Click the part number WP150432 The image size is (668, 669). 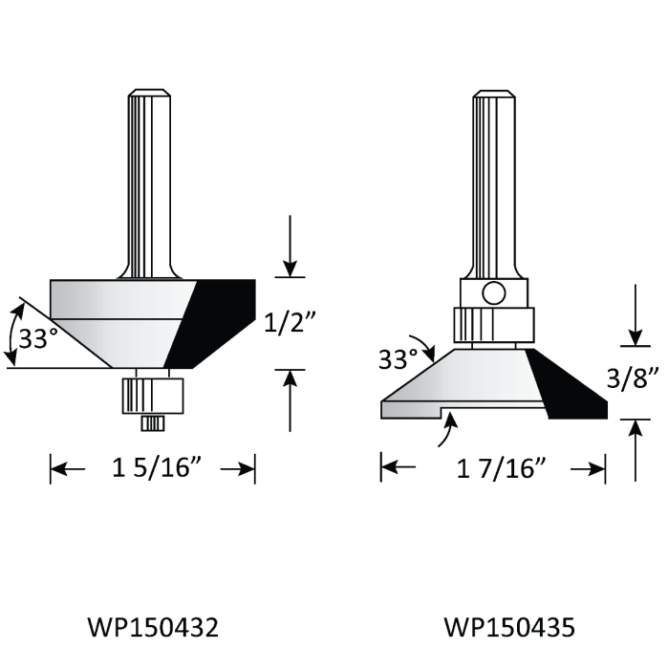pos(153,627)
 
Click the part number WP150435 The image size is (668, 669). pos(509,627)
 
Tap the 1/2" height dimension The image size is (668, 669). pos(290,322)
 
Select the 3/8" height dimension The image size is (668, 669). pos(633,378)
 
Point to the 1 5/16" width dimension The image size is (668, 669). pos(157,467)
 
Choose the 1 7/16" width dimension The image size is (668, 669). pos(501,468)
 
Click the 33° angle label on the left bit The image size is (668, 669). pos(38,338)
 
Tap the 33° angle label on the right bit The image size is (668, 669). pos(398,359)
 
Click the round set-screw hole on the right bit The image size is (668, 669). pos(494,293)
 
